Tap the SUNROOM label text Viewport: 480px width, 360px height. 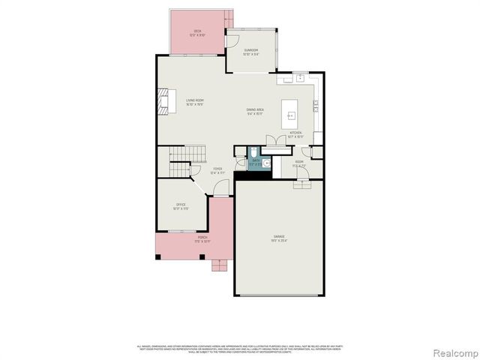(x=251, y=51)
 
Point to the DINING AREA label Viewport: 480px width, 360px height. (x=255, y=110)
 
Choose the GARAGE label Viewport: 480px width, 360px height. (x=279, y=238)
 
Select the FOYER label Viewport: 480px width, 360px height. (x=217, y=170)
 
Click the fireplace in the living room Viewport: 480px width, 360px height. (x=164, y=101)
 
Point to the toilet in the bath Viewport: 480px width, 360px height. (x=256, y=151)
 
